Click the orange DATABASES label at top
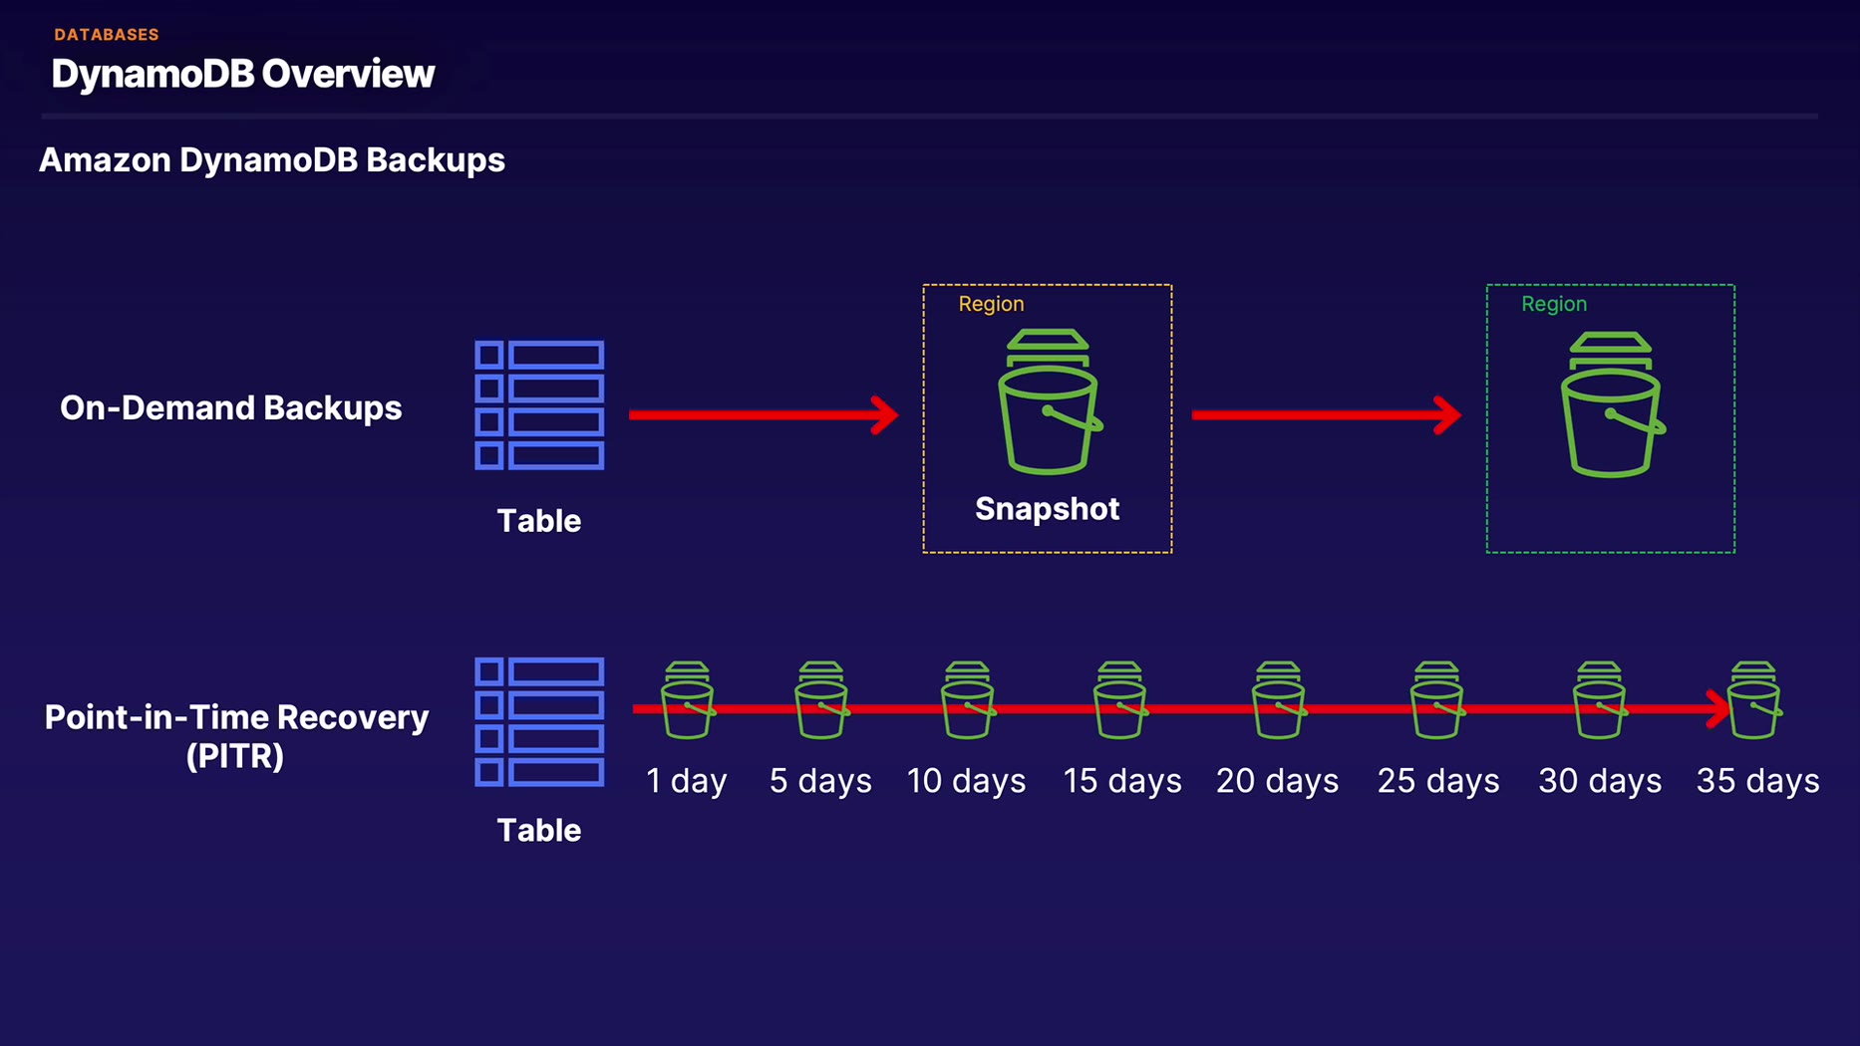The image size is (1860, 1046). click(x=107, y=35)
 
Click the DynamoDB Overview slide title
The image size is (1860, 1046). click(x=242, y=74)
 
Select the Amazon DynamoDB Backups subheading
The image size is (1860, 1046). click(x=271, y=160)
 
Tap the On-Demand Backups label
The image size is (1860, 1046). click(x=230, y=407)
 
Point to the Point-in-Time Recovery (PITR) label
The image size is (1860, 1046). click(x=236, y=735)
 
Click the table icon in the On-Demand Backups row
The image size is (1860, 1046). click(x=539, y=404)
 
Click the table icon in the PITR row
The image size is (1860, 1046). click(x=539, y=721)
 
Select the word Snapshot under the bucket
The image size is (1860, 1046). click(x=1047, y=509)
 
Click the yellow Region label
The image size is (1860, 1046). click(x=991, y=304)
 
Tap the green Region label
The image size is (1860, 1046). click(x=1553, y=304)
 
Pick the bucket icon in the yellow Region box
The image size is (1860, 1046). click(x=1049, y=402)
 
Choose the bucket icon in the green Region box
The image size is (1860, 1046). click(x=1611, y=405)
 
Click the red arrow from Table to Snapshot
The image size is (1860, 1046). click(x=763, y=414)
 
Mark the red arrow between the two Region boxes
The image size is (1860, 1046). click(x=1326, y=414)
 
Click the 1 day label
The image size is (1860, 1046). click(x=686, y=781)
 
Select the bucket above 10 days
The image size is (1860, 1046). click(x=967, y=700)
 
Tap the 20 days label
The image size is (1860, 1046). click(x=1277, y=781)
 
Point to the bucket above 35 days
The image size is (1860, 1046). click(x=1753, y=700)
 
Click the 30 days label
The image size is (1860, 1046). click(x=1599, y=781)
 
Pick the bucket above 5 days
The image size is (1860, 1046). click(x=821, y=700)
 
